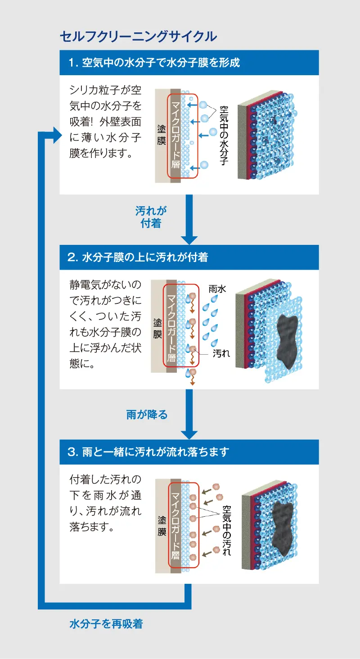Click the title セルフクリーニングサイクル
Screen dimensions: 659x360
pyautogui.click(x=138, y=36)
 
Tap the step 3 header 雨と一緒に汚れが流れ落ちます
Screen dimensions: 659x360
pyautogui.click(x=148, y=452)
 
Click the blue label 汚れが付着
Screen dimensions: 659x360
pyautogui.click(x=151, y=217)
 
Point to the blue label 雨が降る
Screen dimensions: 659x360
pyautogui.click(x=147, y=415)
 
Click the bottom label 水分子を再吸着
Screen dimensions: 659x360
pyautogui.click(x=106, y=624)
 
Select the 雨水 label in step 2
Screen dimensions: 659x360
pyautogui.click(x=217, y=289)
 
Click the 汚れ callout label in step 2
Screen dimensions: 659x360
pyautogui.click(x=221, y=353)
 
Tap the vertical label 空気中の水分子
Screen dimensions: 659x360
pyautogui.click(x=223, y=135)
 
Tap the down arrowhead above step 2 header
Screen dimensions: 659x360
pyautogui.click(x=189, y=239)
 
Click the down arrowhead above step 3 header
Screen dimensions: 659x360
pyautogui.click(x=189, y=434)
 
